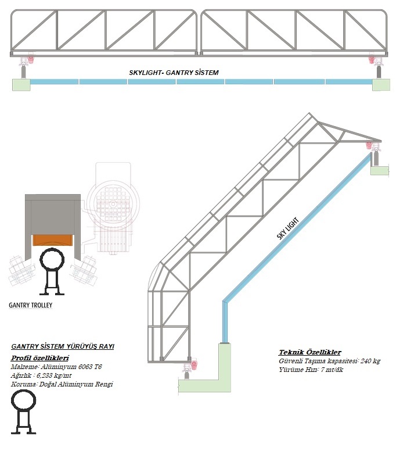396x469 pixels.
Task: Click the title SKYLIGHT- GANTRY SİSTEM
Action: point(174,74)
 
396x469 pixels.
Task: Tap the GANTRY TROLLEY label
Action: point(30,305)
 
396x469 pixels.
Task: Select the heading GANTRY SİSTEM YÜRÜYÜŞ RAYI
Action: point(63,346)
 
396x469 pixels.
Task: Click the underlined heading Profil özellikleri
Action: point(40,357)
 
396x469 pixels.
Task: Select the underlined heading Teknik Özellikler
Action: point(309,352)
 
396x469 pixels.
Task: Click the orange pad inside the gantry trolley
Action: point(52,239)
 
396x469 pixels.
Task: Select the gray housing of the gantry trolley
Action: point(52,214)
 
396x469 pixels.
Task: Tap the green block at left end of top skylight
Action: point(21,85)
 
